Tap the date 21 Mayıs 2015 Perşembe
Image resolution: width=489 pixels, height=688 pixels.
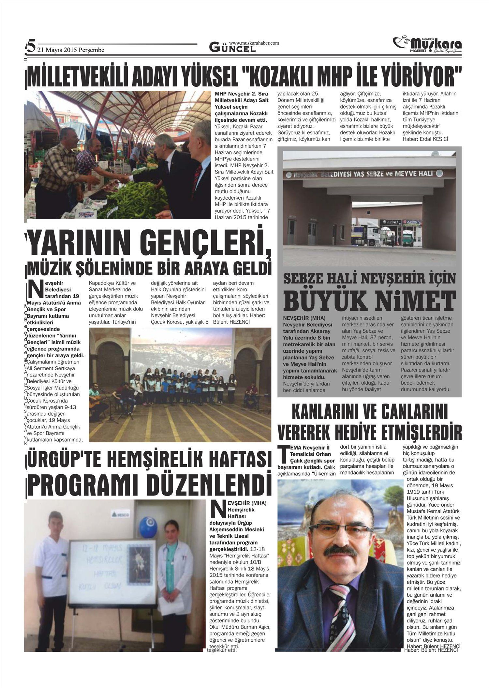[71, 50]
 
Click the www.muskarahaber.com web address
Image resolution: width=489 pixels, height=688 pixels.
[254, 43]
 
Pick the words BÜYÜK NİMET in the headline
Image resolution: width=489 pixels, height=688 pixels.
[369, 300]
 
